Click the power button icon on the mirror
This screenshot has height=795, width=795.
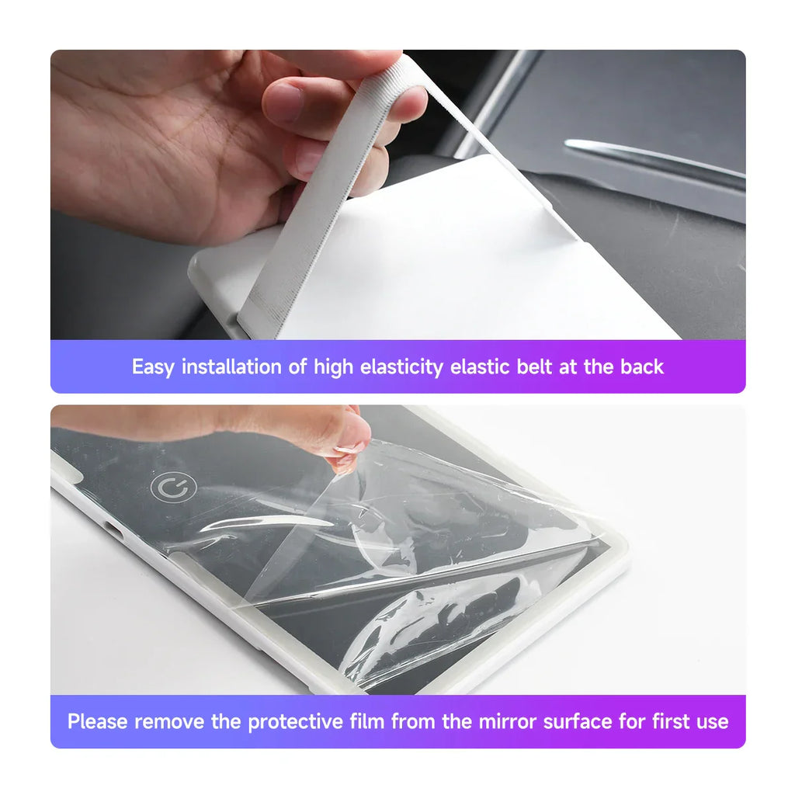click(173, 488)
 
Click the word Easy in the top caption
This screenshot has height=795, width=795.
click(153, 367)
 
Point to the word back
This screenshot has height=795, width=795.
click(641, 367)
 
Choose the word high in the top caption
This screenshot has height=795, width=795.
click(332, 367)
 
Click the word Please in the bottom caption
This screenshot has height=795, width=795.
click(98, 722)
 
